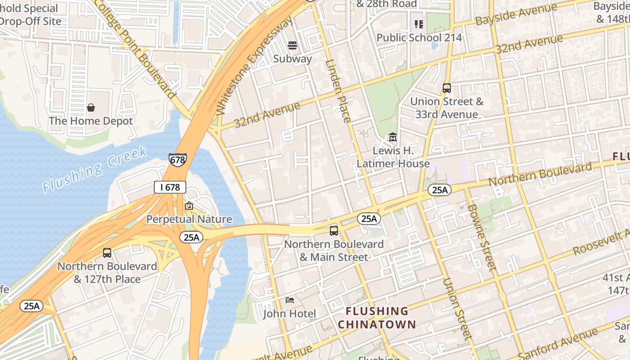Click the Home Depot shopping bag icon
click(x=91, y=108)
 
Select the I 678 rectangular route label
click(x=170, y=187)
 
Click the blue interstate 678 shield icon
click(x=178, y=160)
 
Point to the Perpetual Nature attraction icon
click(x=189, y=206)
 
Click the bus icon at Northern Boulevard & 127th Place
click(x=107, y=253)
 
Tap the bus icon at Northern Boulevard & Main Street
click(x=334, y=231)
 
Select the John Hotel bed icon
click(x=290, y=300)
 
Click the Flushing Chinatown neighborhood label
click(x=377, y=318)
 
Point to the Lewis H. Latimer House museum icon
click(x=392, y=137)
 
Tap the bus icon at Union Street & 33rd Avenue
click(x=447, y=88)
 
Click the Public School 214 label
click(x=419, y=37)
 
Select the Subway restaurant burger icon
click(x=292, y=45)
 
